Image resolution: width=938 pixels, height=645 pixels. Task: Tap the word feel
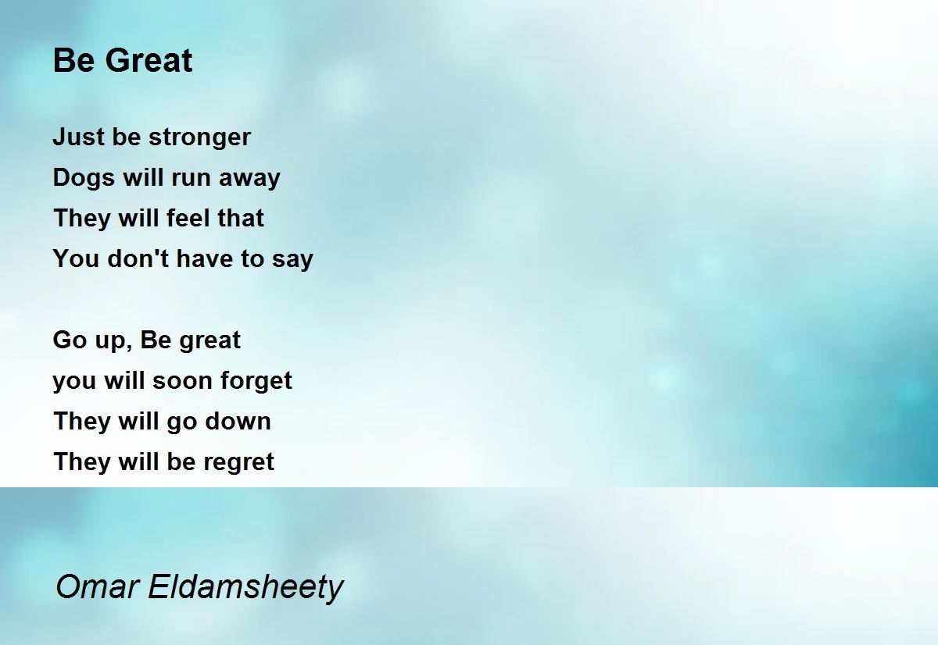(185, 218)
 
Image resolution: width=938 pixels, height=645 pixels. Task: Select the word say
(292, 260)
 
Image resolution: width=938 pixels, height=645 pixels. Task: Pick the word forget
(256, 381)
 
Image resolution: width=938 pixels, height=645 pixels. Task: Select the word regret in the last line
(238, 462)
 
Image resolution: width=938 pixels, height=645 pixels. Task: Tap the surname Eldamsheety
(245, 587)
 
